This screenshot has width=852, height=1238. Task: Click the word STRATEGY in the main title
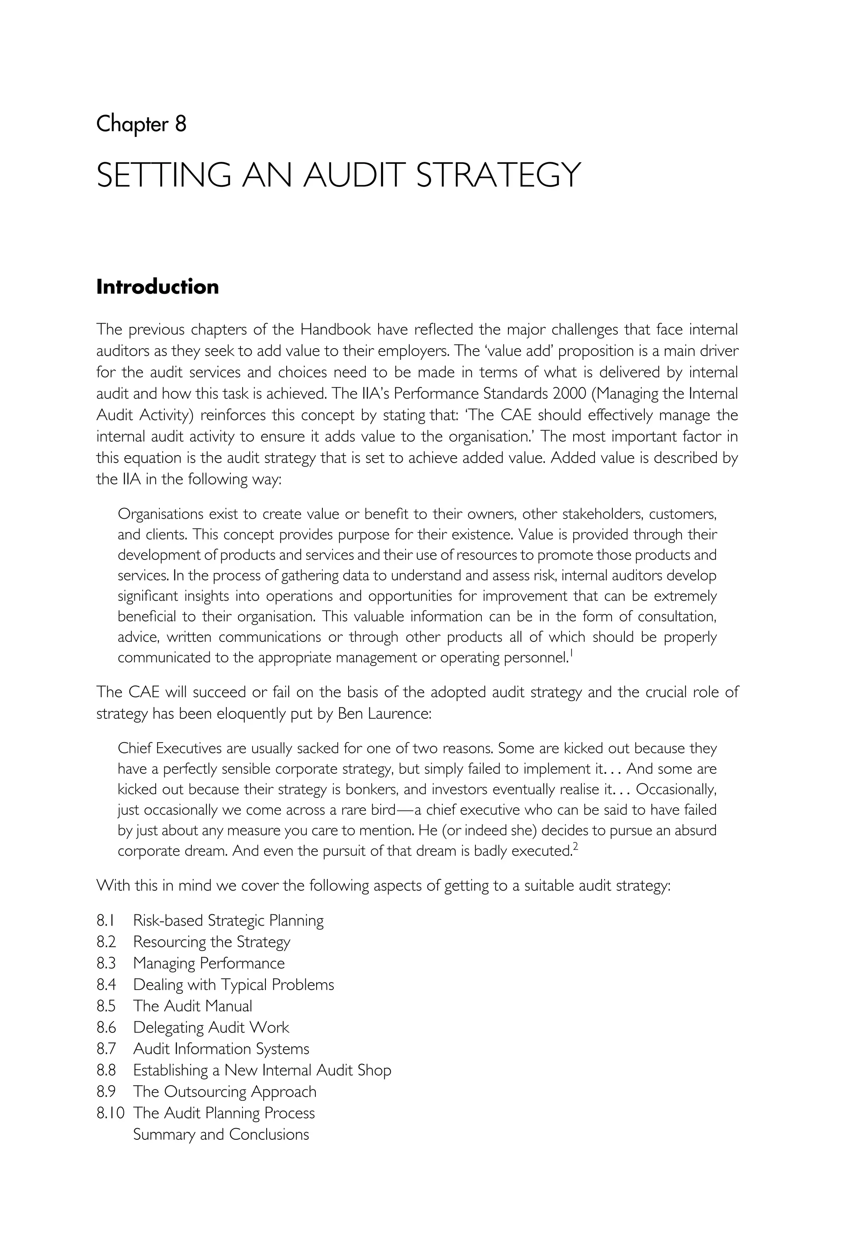coord(498,175)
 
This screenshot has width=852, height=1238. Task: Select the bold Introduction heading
coord(158,287)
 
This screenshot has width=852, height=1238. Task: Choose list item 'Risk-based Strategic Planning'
coord(228,920)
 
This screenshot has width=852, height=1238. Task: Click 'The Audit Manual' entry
coord(192,1006)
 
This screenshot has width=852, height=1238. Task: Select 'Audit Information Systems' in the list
coord(221,1048)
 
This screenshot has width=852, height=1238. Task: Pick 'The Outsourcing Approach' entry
coord(224,1091)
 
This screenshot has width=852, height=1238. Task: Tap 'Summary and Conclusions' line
coord(221,1134)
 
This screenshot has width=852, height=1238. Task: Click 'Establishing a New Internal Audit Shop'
coord(262,1070)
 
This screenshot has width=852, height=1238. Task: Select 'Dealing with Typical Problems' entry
coord(233,984)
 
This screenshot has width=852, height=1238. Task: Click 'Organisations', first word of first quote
coord(160,514)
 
